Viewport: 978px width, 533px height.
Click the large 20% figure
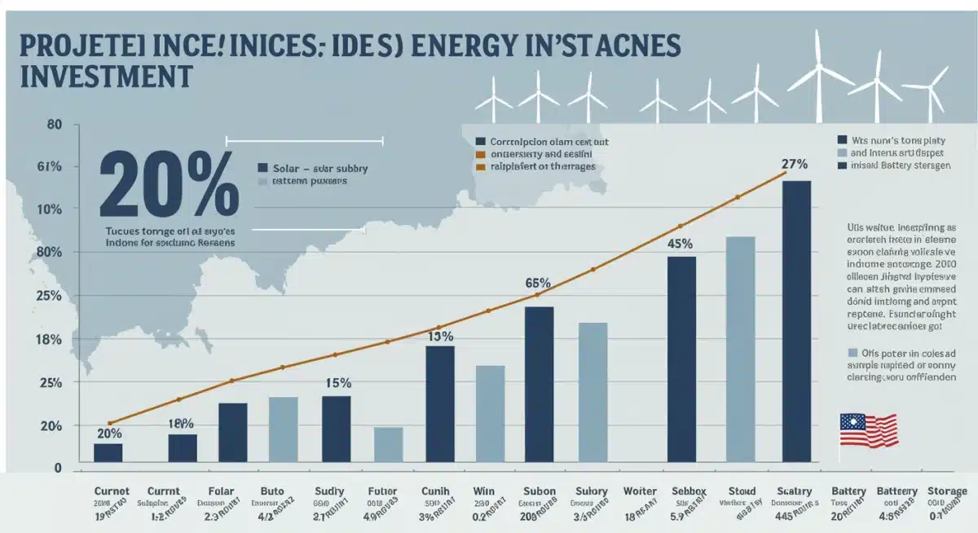[x=169, y=184]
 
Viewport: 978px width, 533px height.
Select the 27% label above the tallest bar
[x=794, y=164]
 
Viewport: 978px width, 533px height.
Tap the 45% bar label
[x=680, y=243]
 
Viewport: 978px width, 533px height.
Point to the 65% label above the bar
[x=538, y=283]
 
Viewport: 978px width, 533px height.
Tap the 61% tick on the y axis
[x=49, y=167]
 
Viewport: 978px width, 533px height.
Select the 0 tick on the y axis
[x=58, y=468]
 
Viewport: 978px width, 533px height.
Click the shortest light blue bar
[x=388, y=444]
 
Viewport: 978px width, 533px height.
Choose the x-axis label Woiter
[x=639, y=491]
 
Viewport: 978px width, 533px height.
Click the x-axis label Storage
[x=947, y=491]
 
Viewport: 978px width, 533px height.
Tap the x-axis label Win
[x=484, y=491]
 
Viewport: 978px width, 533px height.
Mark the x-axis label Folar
[x=220, y=491]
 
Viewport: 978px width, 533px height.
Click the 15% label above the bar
[x=337, y=382]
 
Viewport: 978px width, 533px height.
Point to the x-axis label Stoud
[x=742, y=491]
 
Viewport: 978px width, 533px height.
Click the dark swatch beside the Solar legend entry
[x=262, y=168]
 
